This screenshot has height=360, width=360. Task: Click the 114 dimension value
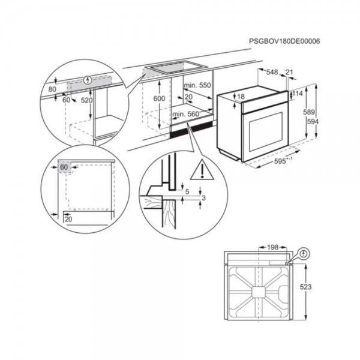(x=298, y=94)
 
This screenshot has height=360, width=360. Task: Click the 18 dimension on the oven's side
(x=241, y=97)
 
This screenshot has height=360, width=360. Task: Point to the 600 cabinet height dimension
(x=158, y=98)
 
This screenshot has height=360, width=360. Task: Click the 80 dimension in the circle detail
(x=52, y=89)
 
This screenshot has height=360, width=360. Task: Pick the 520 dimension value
(x=86, y=100)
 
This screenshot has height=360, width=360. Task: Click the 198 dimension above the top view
(x=272, y=247)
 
